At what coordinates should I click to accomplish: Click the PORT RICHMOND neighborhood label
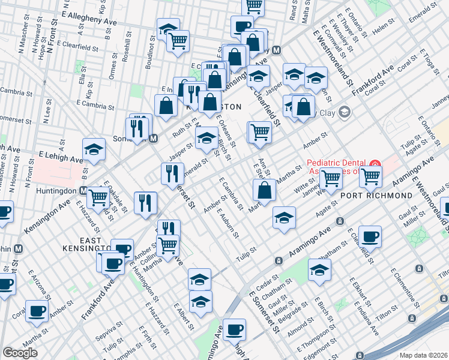click(x=376, y=196)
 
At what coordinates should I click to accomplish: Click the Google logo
click(x=20, y=353)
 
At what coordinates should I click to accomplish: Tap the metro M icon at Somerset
click(x=153, y=139)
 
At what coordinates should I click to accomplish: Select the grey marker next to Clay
click(x=344, y=112)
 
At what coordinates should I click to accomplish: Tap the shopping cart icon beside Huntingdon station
click(x=98, y=197)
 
